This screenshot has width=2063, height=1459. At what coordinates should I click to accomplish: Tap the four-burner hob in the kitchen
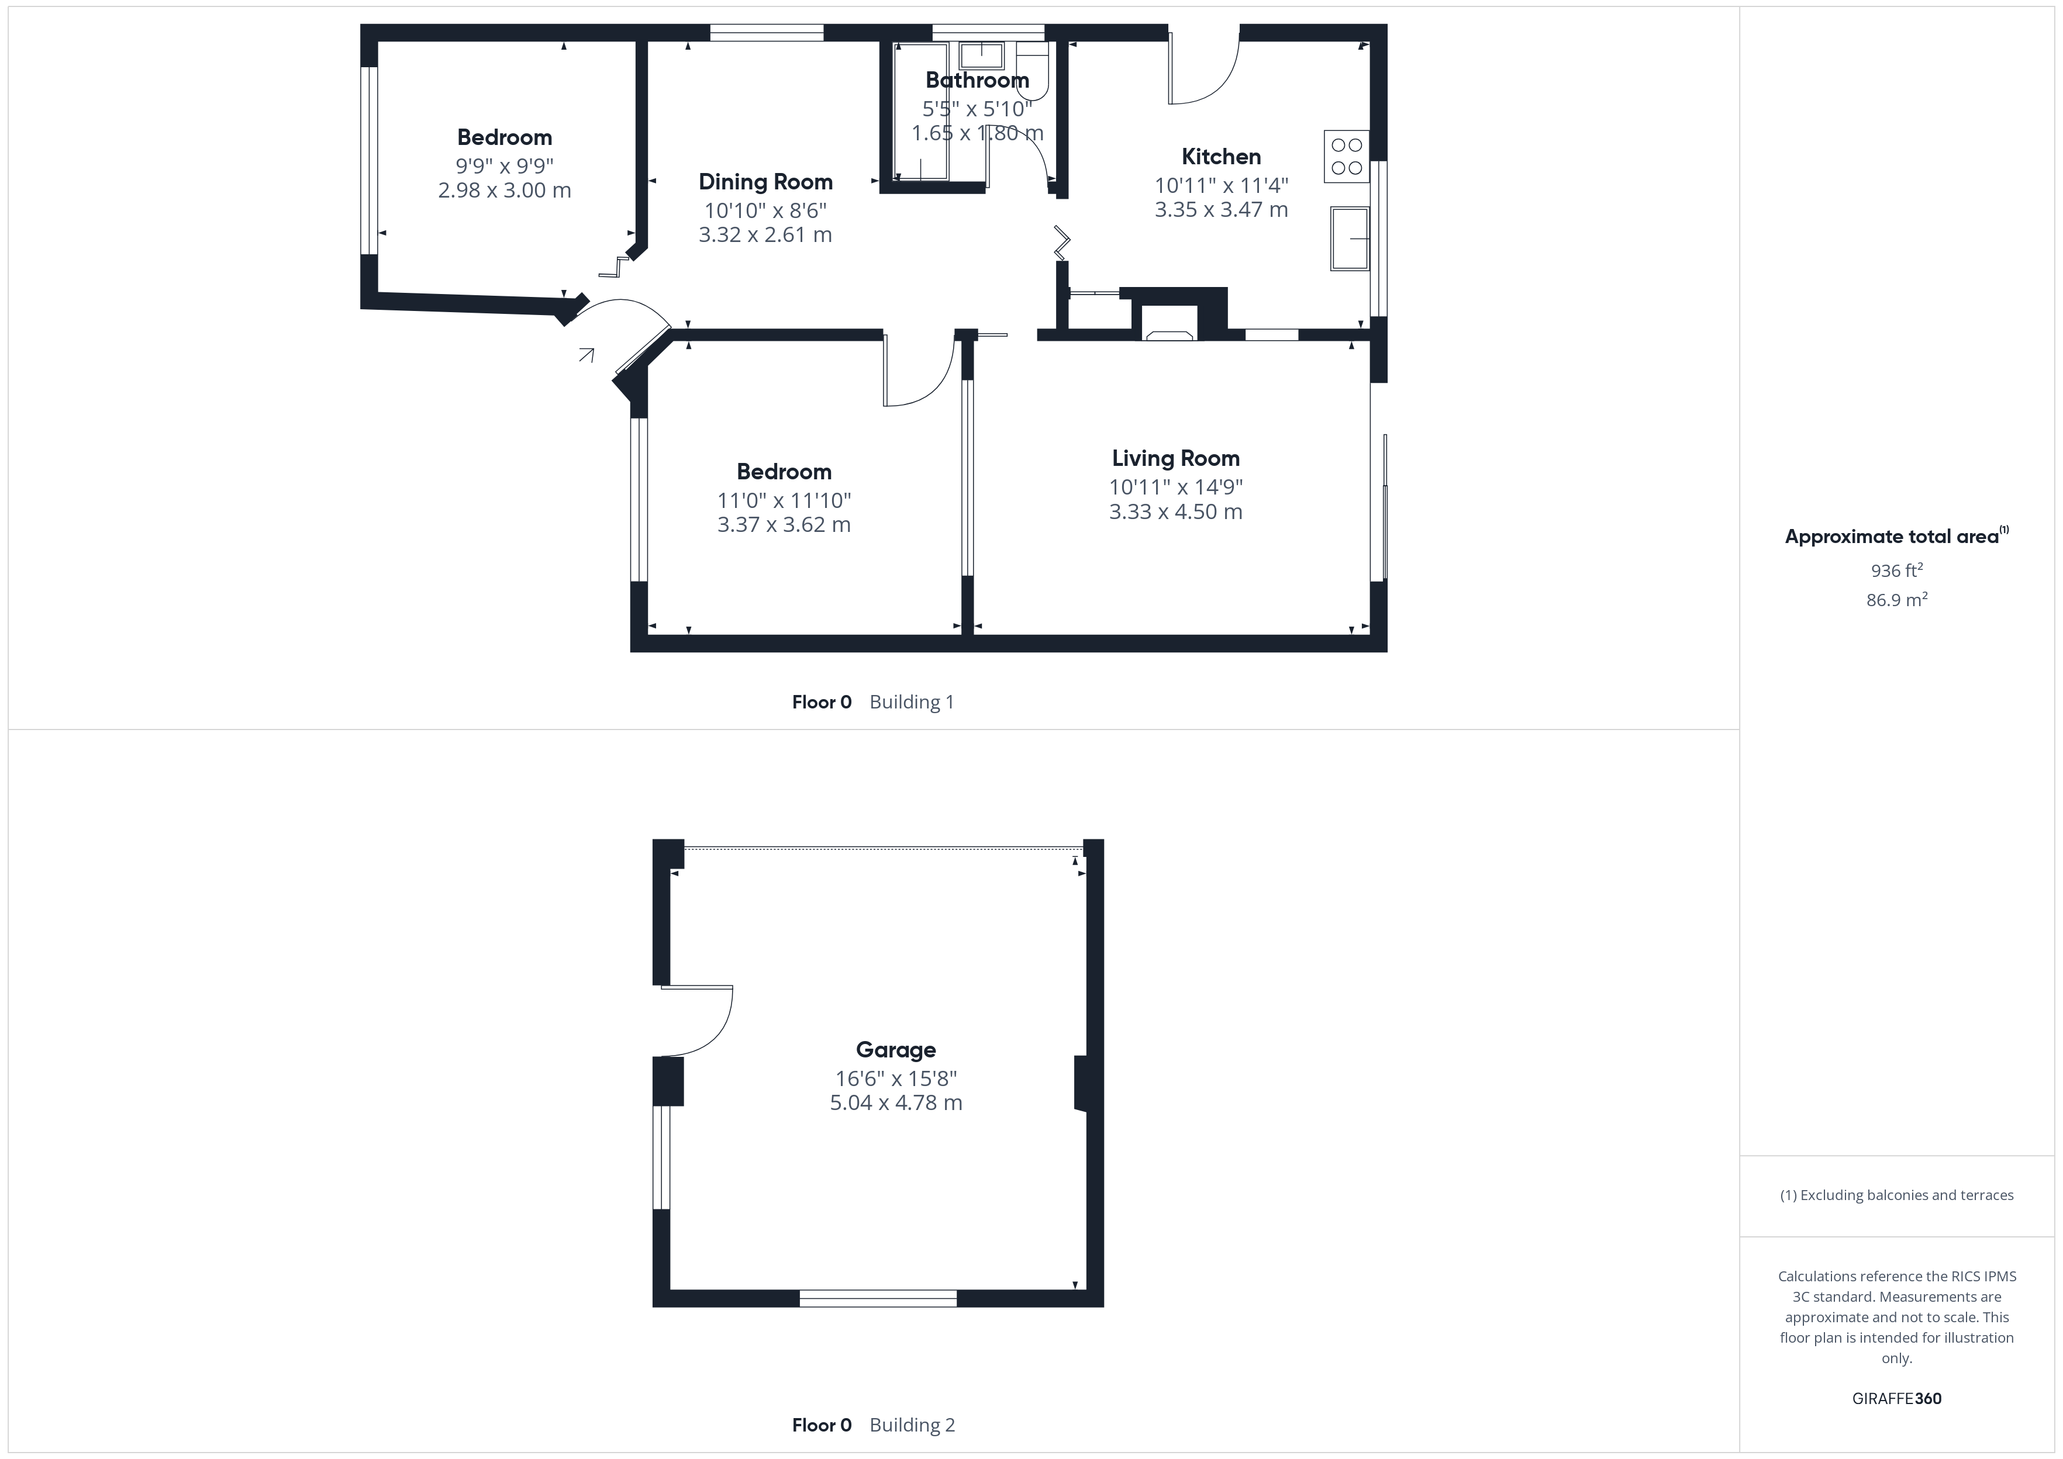click(x=1346, y=156)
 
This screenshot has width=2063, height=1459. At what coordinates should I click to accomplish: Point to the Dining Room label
click(x=765, y=182)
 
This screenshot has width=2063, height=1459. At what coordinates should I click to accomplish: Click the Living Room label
click(x=1175, y=458)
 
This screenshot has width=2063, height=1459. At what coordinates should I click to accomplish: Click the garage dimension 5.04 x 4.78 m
click(x=896, y=1102)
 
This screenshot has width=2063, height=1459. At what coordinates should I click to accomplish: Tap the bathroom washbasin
click(x=981, y=56)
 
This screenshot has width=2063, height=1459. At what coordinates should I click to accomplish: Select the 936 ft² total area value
click(x=1897, y=571)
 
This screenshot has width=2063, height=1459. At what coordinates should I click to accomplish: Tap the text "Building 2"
click(x=912, y=1425)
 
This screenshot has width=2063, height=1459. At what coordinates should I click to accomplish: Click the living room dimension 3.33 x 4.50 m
click(x=1175, y=512)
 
